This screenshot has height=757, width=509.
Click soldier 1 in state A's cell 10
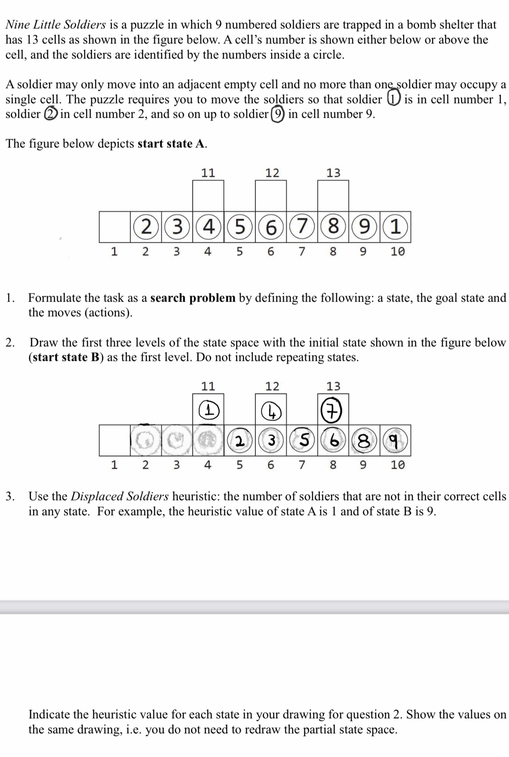[x=396, y=227]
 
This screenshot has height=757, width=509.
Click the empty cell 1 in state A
[x=114, y=227]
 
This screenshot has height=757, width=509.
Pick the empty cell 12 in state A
[x=271, y=196]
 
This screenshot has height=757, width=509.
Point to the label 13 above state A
[x=333, y=173]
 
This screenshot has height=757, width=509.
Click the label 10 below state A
[x=398, y=251]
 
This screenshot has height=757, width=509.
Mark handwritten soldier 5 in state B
[x=302, y=440]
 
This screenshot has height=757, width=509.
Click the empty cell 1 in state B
[x=114, y=440]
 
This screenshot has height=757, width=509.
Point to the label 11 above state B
[x=209, y=386]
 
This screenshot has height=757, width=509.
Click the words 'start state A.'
[x=172, y=143]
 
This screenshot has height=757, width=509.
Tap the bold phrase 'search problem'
[x=193, y=298]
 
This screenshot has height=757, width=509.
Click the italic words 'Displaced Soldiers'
[x=120, y=496]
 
